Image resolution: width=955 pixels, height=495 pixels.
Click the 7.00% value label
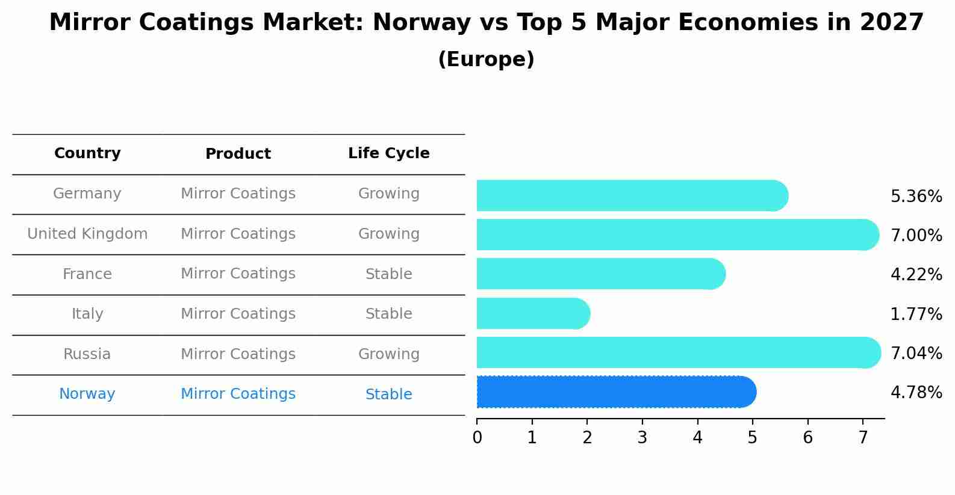coord(916,235)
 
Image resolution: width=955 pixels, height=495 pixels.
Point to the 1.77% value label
coord(916,314)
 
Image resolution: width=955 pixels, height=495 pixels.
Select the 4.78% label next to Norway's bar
coord(916,393)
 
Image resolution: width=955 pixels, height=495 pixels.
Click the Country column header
coord(87,153)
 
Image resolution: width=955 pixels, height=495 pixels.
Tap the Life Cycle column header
coord(388,153)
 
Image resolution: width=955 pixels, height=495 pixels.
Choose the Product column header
coord(238,154)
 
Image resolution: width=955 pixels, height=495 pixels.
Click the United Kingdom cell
coord(87,234)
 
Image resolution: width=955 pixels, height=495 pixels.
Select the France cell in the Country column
coord(87,274)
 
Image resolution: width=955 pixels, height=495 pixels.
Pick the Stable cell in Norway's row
coord(388,395)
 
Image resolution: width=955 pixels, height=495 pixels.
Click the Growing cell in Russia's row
coord(388,354)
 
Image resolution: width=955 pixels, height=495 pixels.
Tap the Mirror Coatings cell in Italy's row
coord(238,314)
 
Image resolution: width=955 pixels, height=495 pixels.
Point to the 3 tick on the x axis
coord(642,437)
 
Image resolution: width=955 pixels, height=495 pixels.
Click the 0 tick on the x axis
coord(477,437)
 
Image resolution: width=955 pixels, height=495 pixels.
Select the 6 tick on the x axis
coord(807,437)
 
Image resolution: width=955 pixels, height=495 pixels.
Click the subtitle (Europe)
coord(486,60)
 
